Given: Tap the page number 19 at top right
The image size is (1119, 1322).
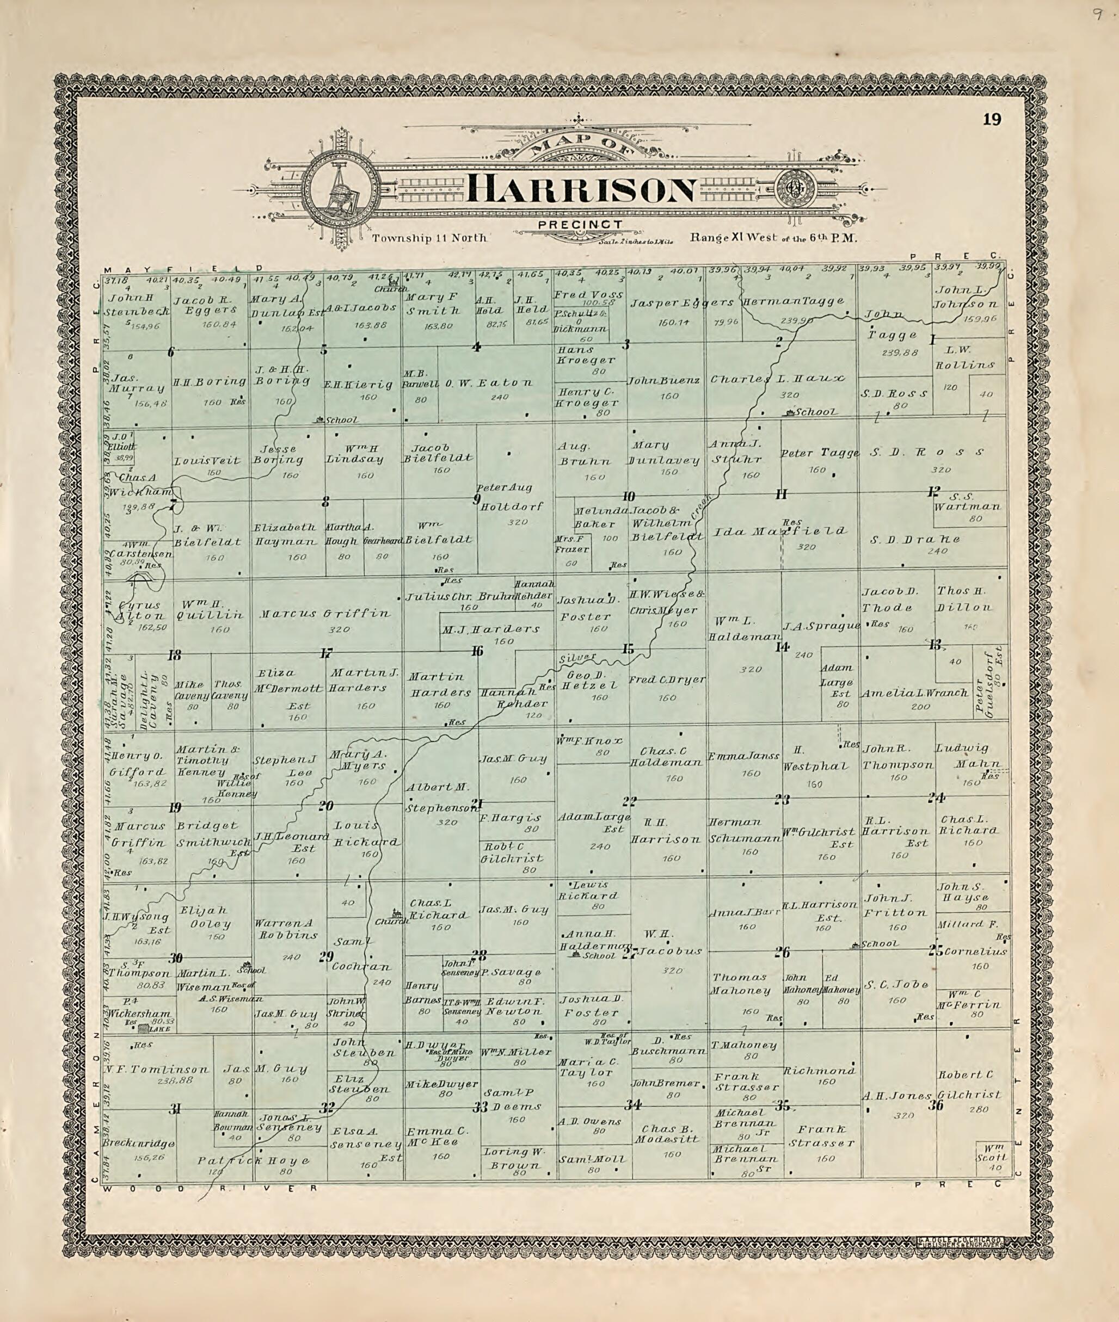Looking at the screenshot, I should tap(992, 119).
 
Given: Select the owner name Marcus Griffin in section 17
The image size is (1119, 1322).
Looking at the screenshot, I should tap(325, 614).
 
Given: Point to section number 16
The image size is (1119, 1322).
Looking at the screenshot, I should tap(477, 651).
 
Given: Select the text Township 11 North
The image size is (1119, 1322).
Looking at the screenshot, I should tap(429, 238).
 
